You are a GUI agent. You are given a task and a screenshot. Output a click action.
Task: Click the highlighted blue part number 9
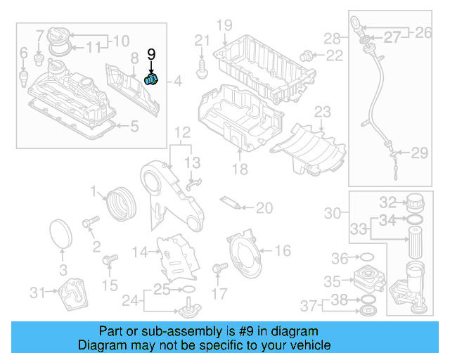point(153,79)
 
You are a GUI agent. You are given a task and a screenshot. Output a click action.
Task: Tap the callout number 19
point(224,26)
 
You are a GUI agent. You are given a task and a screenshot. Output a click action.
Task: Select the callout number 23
point(322,111)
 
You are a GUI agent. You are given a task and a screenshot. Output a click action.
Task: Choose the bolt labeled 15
point(108,262)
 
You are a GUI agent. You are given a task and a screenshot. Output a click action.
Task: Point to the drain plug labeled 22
point(307,54)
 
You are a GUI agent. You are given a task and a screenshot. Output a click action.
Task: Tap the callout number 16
point(282,250)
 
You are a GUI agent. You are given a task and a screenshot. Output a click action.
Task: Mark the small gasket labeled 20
point(230,202)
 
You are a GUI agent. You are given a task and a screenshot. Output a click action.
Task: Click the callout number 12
point(182,132)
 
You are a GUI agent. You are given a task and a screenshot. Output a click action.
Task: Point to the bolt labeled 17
point(218,268)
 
